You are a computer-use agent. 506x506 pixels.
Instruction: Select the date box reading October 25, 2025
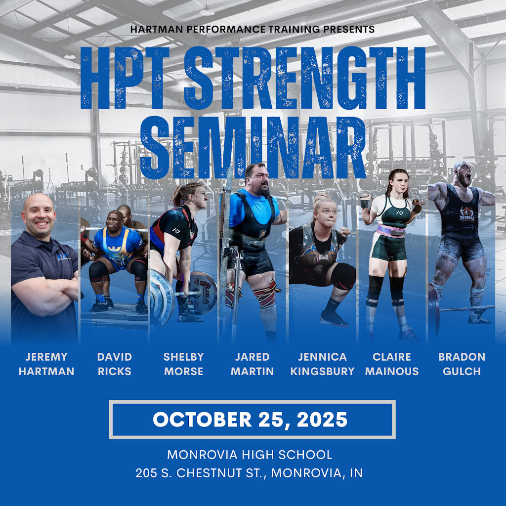click(252, 420)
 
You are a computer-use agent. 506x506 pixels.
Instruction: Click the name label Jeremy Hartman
click(46, 364)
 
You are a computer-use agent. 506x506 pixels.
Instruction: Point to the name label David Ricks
click(114, 364)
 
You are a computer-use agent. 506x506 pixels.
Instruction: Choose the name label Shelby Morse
click(183, 364)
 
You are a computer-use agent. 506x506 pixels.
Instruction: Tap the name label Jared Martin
click(252, 364)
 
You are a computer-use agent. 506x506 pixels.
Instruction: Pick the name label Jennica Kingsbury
click(322, 364)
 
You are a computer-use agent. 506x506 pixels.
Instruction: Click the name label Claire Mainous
click(392, 364)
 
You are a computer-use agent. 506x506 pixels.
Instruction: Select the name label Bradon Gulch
click(462, 364)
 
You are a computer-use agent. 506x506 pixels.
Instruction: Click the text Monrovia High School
click(250, 455)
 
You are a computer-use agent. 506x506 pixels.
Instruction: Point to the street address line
click(250, 473)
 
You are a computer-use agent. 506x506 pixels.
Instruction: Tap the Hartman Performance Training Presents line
click(252, 29)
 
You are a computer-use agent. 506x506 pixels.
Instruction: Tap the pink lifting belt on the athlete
click(390, 231)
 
